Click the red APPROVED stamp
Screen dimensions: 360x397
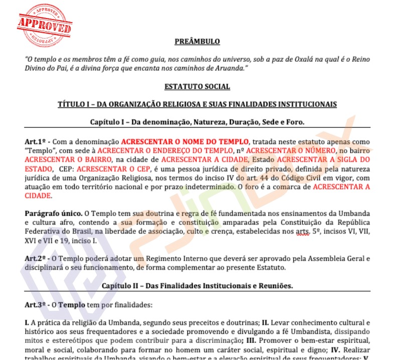point(44,26)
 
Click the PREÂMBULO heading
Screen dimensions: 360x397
point(197,41)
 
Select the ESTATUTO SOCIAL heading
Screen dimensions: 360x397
point(197,86)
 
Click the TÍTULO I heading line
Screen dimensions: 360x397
point(197,104)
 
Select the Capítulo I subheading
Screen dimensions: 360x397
point(197,122)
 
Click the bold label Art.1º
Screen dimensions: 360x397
point(36,142)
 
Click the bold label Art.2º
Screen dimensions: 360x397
point(36,259)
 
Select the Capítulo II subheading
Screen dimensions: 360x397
point(197,286)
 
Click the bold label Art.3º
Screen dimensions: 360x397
point(36,304)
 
